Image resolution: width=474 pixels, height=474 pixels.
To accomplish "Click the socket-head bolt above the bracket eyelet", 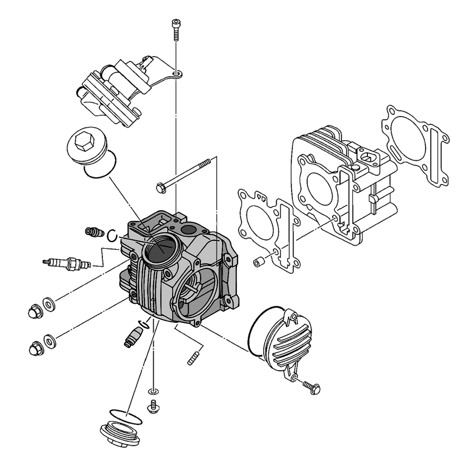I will [x=175, y=28].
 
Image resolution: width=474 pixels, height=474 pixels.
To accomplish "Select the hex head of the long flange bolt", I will [x=161, y=188].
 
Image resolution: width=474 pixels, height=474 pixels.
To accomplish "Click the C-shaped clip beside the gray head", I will [x=112, y=235].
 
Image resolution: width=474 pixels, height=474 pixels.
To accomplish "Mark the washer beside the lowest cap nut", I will [x=49, y=340].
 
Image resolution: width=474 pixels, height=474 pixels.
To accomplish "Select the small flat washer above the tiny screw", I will [x=153, y=392].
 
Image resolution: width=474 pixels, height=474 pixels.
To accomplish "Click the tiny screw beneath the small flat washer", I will [x=153, y=406].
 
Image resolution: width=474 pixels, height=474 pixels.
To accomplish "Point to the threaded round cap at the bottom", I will [x=120, y=434].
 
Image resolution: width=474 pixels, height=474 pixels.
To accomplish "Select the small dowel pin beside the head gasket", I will [x=259, y=262].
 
